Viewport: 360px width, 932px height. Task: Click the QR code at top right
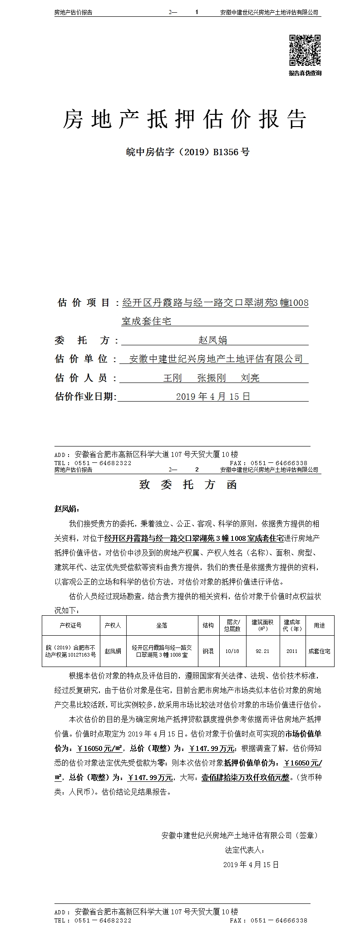[x=305, y=50]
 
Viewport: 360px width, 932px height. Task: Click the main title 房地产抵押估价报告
[x=184, y=119]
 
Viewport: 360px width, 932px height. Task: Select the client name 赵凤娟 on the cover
[x=213, y=339]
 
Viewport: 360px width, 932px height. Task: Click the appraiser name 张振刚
[x=212, y=378]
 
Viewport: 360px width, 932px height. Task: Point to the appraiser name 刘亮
[x=250, y=378]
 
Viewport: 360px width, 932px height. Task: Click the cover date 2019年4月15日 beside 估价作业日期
[x=213, y=397]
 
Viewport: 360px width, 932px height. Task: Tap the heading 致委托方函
[x=188, y=485]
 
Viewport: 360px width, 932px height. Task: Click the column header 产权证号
[x=70, y=625]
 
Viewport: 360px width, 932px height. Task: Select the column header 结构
[x=208, y=625]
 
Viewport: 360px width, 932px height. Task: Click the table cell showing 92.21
[x=262, y=651]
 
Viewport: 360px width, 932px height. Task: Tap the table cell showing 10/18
[x=232, y=651]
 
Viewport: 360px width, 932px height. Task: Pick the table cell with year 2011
[x=292, y=651]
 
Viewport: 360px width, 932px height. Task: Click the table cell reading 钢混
[x=208, y=651]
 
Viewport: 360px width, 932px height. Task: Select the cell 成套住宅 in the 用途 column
[x=319, y=651]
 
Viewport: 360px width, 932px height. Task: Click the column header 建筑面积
[x=262, y=625]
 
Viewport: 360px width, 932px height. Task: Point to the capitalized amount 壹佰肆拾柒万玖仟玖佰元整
[x=245, y=777]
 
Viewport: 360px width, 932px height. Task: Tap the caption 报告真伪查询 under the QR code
[x=305, y=73]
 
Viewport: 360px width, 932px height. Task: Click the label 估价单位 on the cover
[x=81, y=359]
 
